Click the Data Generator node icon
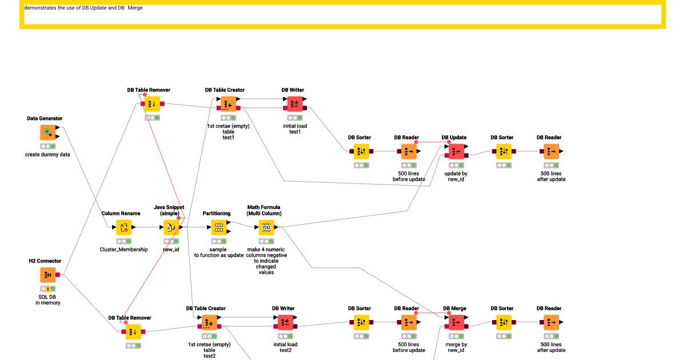pos(48,132)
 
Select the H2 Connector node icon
pos(48,275)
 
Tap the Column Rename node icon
pos(123,227)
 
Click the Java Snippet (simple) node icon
pos(171,227)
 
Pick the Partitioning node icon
pos(218,227)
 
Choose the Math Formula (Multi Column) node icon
pos(266,227)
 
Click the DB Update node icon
pos(456,151)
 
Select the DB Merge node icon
pos(456,322)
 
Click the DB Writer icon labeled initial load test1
pos(294,104)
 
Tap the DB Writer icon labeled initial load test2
pos(285,322)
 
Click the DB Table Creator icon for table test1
pos(228,104)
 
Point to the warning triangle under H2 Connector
pos(48,289)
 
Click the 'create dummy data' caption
pos(47,155)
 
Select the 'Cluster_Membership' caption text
pos(123,250)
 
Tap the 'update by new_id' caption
pos(456,177)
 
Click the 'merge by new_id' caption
pos(456,347)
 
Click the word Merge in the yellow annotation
pos(135,8)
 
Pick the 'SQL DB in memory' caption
pos(47,299)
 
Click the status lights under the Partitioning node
pos(218,241)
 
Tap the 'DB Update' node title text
pos(454,138)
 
